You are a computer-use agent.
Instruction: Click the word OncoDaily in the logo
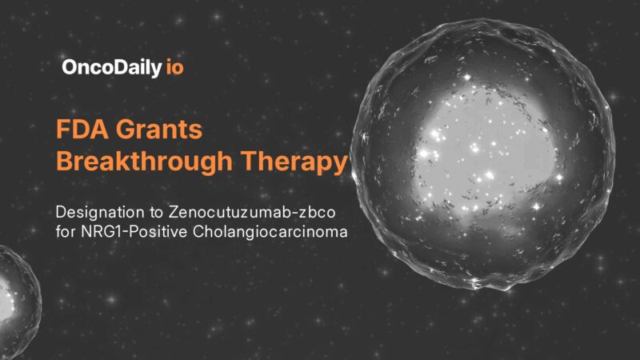111,67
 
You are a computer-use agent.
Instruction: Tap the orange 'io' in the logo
174,67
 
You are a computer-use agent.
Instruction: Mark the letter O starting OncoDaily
69,67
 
